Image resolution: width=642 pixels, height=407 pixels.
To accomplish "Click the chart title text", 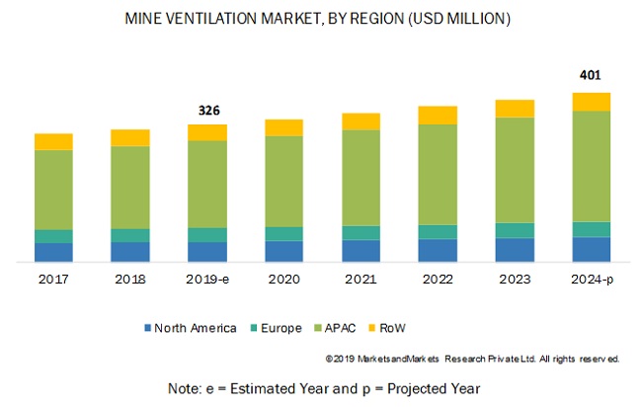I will [x=321, y=19].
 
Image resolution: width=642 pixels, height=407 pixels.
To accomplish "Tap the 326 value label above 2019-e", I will [x=207, y=109].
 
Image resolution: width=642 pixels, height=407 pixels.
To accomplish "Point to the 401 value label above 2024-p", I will [x=591, y=75].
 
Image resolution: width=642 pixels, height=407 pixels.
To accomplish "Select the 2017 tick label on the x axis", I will [x=53, y=280].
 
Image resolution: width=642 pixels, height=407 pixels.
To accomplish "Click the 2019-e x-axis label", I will [x=207, y=280].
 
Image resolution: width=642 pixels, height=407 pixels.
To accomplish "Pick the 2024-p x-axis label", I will [x=591, y=280].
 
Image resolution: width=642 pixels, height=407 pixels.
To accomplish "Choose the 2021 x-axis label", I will [x=361, y=280].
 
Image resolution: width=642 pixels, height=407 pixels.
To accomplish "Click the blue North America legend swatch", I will [x=147, y=328].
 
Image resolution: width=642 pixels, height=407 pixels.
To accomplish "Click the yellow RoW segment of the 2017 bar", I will [x=53, y=141].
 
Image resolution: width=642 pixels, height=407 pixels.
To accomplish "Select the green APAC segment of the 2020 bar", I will [x=283, y=181].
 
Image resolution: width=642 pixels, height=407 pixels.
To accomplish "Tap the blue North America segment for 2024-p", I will [x=591, y=249].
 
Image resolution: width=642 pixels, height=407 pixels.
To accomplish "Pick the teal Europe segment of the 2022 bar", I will [x=438, y=231].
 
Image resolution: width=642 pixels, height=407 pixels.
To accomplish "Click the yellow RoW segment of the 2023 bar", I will [x=515, y=109].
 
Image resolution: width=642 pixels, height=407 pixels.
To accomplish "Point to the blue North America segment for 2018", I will [x=130, y=252].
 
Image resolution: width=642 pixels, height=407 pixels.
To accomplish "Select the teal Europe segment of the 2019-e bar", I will [x=207, y=234].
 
